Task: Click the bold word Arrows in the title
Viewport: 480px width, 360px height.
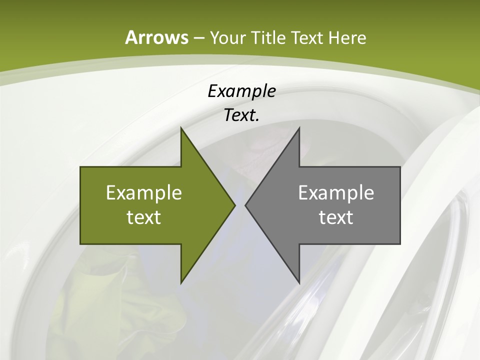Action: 156,37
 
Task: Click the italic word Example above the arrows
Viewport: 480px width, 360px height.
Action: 241,91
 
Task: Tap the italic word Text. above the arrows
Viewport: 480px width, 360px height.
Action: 241,115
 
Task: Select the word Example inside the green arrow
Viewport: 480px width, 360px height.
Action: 144,192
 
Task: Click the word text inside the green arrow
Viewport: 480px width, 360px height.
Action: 144,217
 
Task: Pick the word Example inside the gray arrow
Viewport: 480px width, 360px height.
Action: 336,192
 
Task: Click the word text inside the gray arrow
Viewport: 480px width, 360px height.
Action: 336,217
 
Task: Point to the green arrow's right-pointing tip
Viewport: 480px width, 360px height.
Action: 234,205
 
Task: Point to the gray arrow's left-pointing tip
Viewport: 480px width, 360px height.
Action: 245,205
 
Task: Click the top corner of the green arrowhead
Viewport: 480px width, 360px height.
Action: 181,127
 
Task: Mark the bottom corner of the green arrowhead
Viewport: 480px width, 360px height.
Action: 181,283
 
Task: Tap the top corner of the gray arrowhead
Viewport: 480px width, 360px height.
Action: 299,127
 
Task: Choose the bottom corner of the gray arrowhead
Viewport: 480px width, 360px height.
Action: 299,283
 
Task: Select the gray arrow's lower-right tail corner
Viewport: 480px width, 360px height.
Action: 400,244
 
